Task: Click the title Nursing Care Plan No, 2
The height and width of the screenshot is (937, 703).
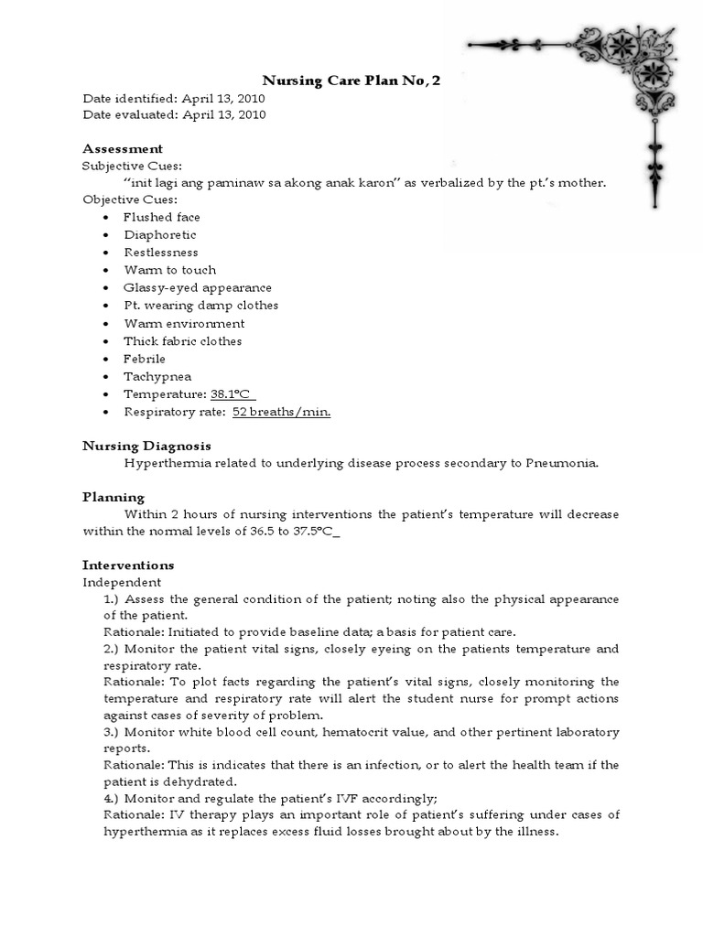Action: click(351, 81)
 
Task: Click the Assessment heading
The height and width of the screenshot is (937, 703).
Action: click(123, 148)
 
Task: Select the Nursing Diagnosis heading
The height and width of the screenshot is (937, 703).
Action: click(146, 446)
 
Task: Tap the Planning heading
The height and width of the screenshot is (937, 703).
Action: click(114, 497)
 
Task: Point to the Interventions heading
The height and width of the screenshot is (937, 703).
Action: click(128, 565)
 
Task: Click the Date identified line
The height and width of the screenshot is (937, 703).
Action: click(174, 98)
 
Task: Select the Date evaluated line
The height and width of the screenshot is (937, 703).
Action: click(174, 114)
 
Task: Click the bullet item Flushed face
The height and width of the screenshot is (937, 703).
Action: click(162, 217)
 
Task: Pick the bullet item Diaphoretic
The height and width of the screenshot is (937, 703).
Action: click(160, 234)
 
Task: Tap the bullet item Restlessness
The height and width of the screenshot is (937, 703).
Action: click(161, 252)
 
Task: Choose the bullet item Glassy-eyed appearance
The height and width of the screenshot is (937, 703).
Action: click(198, 287)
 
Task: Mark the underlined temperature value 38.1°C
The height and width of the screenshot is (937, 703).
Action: click(232, 393)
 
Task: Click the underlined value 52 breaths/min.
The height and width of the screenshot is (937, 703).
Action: click(281, 412)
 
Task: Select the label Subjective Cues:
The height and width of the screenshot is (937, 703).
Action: click(132, 166)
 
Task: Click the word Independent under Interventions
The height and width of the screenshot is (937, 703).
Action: click(122, 582)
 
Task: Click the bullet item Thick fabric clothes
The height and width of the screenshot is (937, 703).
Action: click(183, 340)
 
